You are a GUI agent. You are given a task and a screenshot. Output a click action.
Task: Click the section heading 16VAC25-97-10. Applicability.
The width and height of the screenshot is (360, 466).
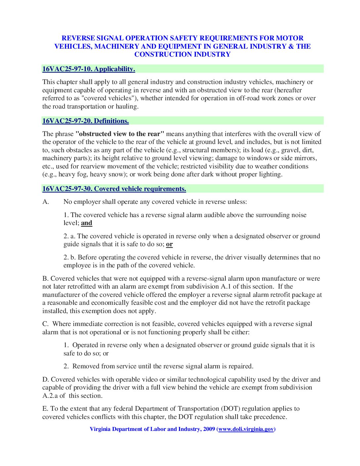click(88, 69)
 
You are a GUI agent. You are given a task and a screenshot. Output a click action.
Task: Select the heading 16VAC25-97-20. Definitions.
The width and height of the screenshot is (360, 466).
click(85, 121)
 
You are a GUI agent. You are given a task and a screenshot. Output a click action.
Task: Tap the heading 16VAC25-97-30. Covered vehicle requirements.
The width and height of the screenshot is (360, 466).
click(114, 189)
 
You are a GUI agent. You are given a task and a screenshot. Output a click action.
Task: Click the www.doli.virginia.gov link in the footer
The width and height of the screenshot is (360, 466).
click(246, 429)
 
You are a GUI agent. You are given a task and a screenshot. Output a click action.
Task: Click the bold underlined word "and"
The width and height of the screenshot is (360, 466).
click(87, 223)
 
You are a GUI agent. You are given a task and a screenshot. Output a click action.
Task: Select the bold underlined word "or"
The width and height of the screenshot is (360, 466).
click(169, 244)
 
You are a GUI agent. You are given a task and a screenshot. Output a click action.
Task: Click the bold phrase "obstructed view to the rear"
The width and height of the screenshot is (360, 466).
click(120, 134)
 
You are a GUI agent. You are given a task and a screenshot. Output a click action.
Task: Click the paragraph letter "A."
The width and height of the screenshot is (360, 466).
click(46, 202)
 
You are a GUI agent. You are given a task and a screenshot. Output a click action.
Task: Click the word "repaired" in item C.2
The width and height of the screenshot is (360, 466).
click(240, 366)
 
